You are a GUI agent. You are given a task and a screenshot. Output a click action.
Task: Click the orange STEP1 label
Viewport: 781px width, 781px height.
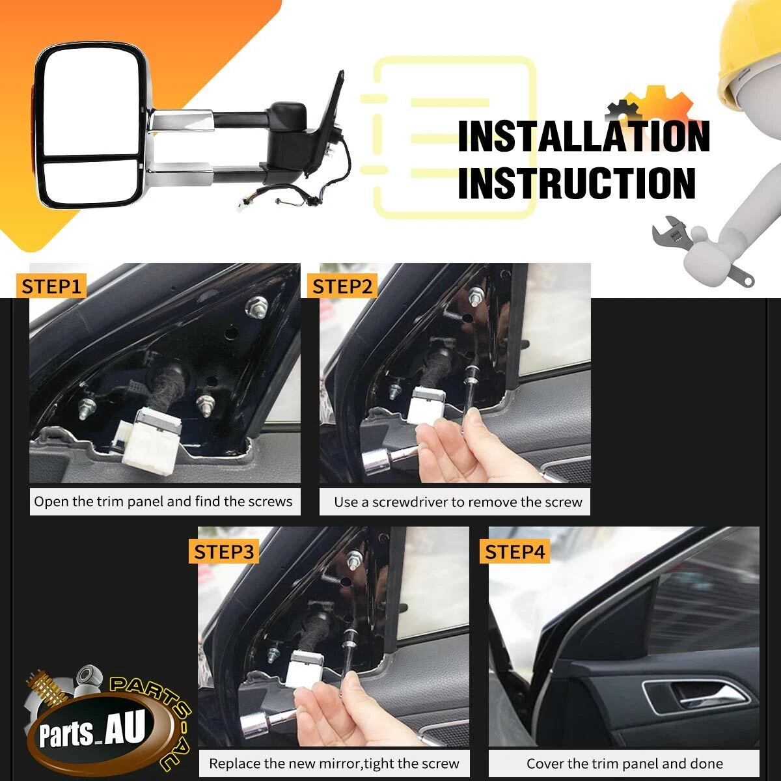[x=51, y=286]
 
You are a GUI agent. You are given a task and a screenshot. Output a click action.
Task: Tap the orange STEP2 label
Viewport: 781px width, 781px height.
[x=342, y=286]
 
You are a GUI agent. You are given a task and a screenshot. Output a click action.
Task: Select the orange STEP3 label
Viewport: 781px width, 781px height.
[x=224, y=552]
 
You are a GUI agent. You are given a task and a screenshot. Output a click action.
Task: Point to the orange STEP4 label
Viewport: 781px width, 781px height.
[x=515, y=552]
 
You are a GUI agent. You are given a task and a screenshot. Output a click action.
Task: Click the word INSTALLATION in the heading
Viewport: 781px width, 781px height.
[x=584, y=137]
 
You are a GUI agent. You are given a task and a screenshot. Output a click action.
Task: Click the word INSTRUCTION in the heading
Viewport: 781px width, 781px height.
[x=577, y=183]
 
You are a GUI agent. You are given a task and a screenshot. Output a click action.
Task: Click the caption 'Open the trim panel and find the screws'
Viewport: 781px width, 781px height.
[x=163, y=502]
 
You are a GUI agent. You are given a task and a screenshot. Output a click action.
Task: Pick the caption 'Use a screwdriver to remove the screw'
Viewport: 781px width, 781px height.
[x=458, y=502]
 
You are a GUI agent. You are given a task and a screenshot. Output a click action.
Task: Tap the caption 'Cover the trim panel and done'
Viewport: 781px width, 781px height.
[x=625, y=763]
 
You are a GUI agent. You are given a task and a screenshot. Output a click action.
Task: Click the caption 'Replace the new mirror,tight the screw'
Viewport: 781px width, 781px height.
[x=334, y=763]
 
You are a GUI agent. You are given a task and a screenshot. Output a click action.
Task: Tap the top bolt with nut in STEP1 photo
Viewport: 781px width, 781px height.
[x=256, y=305]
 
